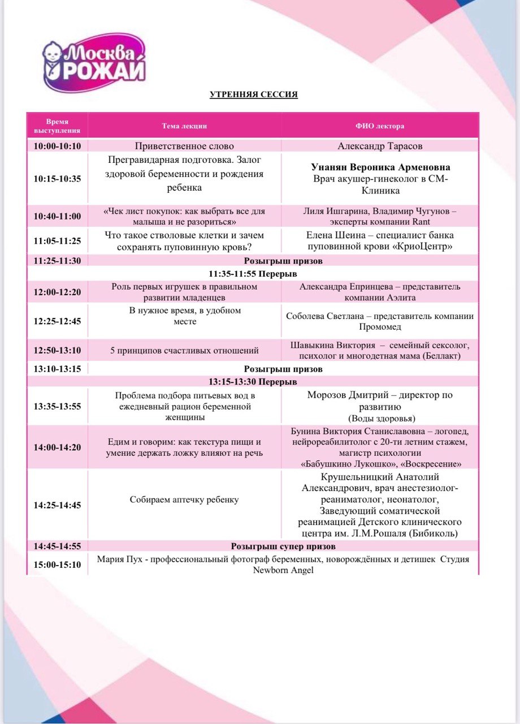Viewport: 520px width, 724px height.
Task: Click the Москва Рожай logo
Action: [x=95, y=63]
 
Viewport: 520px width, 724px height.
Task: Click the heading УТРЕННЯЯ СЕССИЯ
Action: [x=254, y=94]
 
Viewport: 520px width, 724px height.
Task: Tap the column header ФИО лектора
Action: [x=380, y=126]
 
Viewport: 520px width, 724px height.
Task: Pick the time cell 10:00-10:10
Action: [x=57, y=146]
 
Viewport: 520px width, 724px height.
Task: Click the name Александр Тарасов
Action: [x=380, y=146]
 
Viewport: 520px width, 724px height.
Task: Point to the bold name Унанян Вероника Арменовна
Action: [x=380, y=167]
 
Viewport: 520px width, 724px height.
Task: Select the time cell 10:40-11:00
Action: [x=57, y=216]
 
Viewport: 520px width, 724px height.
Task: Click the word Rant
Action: [x=421, y=222]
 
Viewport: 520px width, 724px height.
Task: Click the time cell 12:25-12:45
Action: [x=57, y=321]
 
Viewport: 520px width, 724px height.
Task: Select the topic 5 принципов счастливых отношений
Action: [x=184, y=351]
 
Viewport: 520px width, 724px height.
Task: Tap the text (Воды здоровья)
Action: [x=380, y=418]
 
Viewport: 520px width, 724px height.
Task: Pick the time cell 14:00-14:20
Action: [x=57, y=447]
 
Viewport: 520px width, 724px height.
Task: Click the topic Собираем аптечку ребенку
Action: [x=184, y=499]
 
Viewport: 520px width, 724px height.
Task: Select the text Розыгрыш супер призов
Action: [x=283, y=546]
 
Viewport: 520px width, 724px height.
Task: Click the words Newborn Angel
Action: [x=283, y=570]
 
